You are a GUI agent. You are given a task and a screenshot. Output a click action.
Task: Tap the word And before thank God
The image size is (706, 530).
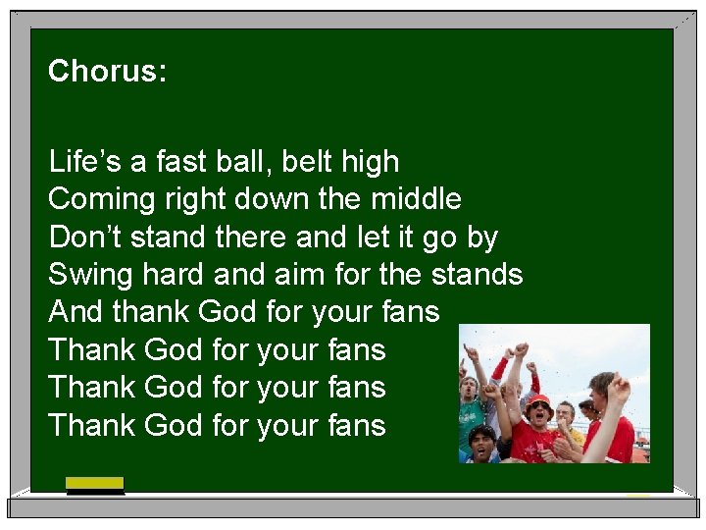point(76,312)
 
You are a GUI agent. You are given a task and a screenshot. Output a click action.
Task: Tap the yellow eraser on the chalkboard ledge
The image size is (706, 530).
point(95,483)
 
